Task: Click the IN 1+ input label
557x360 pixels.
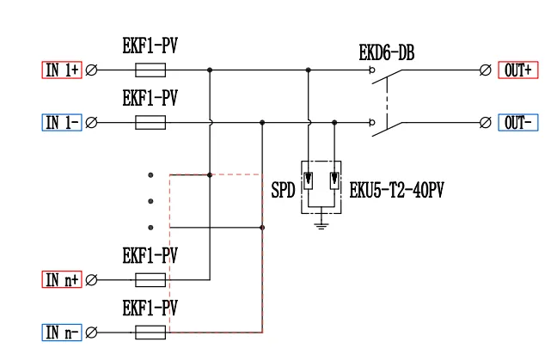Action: (62, 70)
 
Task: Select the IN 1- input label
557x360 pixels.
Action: (62, 122)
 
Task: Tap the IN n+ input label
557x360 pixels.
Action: (62, 279)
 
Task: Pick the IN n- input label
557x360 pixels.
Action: (62, 332)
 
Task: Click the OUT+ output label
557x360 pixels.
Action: (518, 70)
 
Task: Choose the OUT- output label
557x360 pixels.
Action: (518, 122)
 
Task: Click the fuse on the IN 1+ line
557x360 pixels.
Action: (150, 70)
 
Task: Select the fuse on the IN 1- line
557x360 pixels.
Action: (150, 122)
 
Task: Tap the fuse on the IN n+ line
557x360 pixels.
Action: (150, 279)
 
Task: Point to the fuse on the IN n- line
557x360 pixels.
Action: (150, 332)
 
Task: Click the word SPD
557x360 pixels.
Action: (283, 188)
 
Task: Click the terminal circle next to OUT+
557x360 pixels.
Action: (486, 70)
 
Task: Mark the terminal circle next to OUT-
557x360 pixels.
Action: (486, 122)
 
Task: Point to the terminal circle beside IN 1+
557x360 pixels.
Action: (92, 70)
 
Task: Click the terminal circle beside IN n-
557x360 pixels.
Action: (92, 332)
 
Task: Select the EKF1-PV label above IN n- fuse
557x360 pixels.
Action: (150, 308)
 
